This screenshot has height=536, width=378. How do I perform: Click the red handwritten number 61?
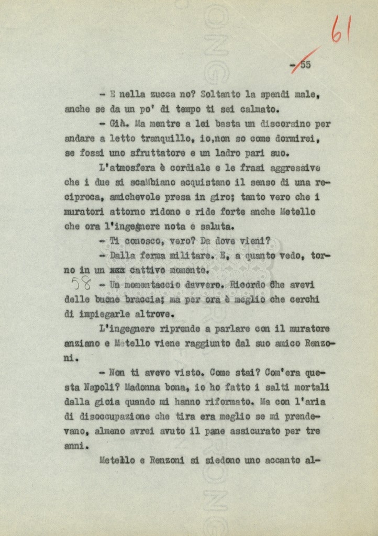340,29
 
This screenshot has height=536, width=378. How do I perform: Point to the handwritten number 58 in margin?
82,284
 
